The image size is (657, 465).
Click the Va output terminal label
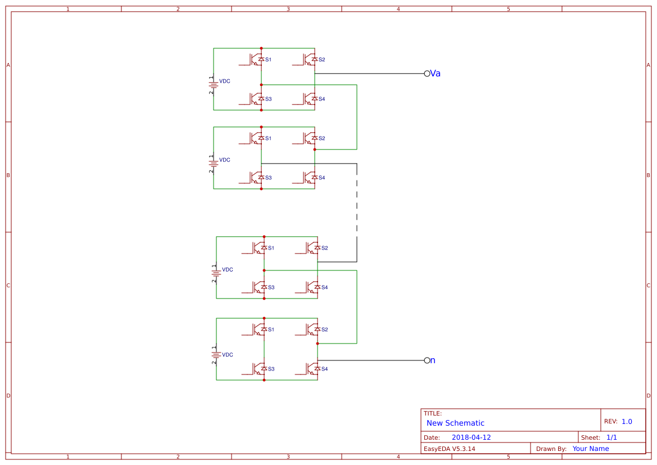tap(435, 74)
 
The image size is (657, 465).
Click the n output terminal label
tap(433, 360)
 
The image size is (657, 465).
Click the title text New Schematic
tap(455, 423)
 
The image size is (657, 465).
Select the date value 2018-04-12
tap(471, 437)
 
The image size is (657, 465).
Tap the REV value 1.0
tap(627, 421)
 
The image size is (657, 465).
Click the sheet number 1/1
tap(611, 437)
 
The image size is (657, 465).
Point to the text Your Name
tap(591, 449)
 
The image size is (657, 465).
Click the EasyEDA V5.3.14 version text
tap(449, 449)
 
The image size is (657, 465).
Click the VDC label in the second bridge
tap(224, 160)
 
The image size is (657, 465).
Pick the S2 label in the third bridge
tap(325, 248)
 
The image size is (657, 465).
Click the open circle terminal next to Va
tap(427, 74)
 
